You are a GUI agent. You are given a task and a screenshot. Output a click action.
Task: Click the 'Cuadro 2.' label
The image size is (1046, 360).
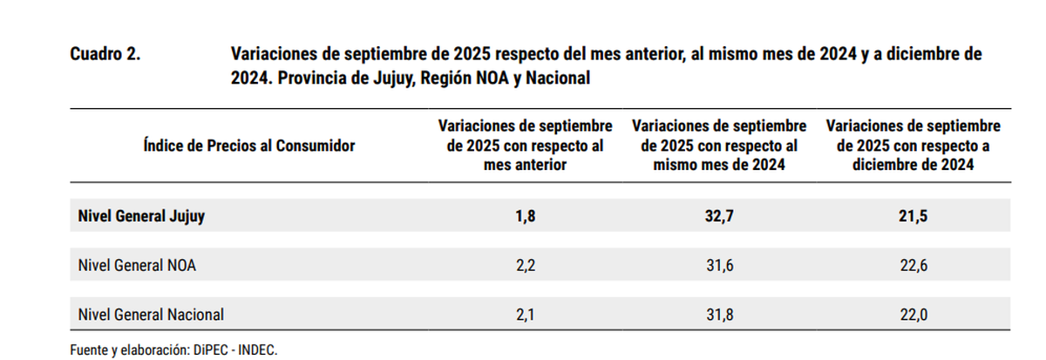pos(105,54)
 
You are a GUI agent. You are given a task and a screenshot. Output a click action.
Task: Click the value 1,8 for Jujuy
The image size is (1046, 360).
pos(525,215)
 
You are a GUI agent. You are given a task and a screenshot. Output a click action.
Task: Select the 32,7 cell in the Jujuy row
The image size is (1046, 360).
pos(719,215)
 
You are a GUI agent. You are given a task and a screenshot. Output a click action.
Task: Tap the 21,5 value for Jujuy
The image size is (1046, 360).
pos(914,215)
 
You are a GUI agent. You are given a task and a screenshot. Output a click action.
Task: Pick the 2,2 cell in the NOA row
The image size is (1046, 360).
pos(525,265)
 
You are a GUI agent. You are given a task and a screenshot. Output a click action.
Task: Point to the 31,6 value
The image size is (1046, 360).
pos(719,265)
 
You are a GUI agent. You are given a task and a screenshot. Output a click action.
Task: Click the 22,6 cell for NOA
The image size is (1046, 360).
pos(914,265)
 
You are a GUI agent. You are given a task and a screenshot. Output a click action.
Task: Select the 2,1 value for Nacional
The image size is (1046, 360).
pos(525,314)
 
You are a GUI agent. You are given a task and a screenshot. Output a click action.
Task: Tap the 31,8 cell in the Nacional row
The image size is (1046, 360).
pos(719,314)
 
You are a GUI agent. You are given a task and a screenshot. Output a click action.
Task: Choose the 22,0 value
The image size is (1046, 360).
pos(914,314)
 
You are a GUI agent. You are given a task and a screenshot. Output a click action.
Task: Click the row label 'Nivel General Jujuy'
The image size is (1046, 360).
pos(141,215)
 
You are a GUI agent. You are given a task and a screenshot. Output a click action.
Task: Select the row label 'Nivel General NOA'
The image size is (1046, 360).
pos(136,265)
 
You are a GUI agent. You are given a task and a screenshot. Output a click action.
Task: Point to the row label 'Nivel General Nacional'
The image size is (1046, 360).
pos(151,314)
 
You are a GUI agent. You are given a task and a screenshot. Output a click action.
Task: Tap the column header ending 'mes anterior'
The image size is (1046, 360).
pos(525,146)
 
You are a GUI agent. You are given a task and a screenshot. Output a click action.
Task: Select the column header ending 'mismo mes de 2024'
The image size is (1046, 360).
pos(719,146)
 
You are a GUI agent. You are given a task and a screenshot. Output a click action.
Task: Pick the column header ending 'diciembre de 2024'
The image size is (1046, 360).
pos(914,146)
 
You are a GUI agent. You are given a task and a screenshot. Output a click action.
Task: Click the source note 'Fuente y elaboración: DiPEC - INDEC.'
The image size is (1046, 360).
pos(173,349)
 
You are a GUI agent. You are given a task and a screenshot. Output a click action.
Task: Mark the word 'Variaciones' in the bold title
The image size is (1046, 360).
pos(274,54)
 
